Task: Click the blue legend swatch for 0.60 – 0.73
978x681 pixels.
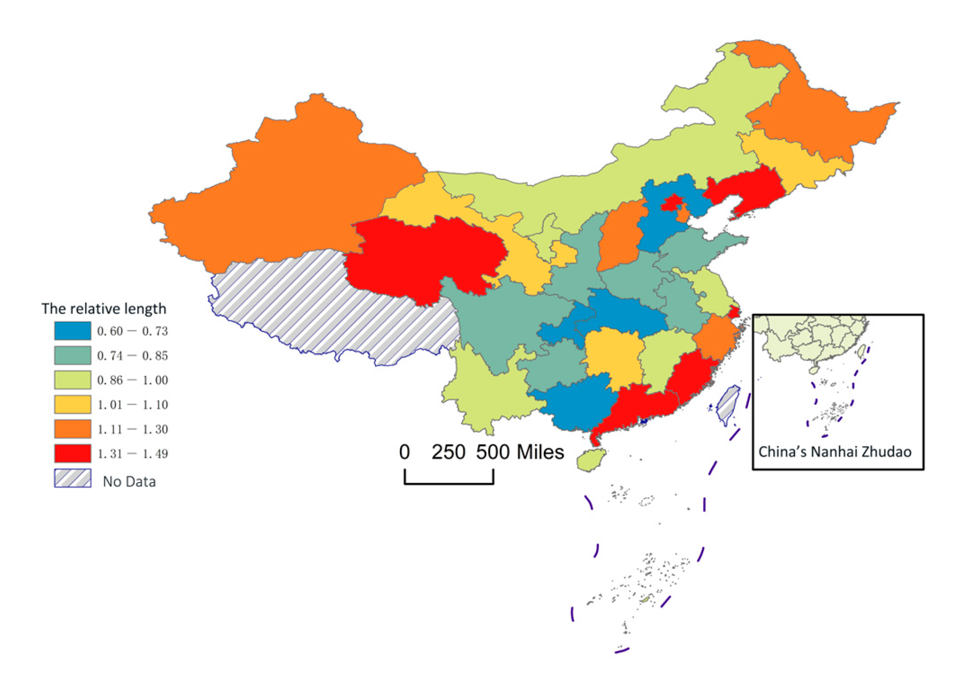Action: (x=72, y=330)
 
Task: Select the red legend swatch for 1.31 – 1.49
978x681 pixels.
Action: (x=72, y=453)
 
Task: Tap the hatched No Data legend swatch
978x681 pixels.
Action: (x=72, y=478)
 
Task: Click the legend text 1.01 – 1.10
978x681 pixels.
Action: (x=132, y=405)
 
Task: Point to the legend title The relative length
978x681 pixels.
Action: (x=104, y=308)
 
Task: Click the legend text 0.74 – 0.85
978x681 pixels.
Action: (x=132, y=355)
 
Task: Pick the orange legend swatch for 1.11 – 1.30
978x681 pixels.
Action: (x=72, y=429)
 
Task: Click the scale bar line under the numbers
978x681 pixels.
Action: (x=448, y=483)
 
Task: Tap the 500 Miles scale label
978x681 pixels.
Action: (x=520, y=452)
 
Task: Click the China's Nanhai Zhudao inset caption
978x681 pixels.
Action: (x=835, y=452)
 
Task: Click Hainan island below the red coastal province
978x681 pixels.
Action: (x=591, y=460)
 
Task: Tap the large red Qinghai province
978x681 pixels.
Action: (x=421, y=258)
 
